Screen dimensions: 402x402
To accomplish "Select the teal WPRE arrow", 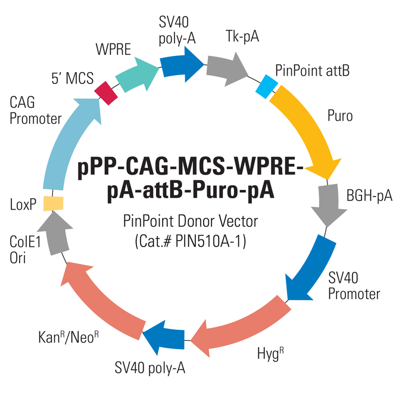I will pos(136,74).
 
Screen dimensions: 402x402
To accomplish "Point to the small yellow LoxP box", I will pos(54,202).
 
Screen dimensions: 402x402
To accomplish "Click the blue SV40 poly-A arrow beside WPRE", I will pos(181,63).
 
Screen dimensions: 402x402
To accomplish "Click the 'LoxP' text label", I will pos(23,205).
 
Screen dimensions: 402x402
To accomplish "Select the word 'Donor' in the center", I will pos(195,222).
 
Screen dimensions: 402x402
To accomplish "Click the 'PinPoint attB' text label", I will pos(312,71).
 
